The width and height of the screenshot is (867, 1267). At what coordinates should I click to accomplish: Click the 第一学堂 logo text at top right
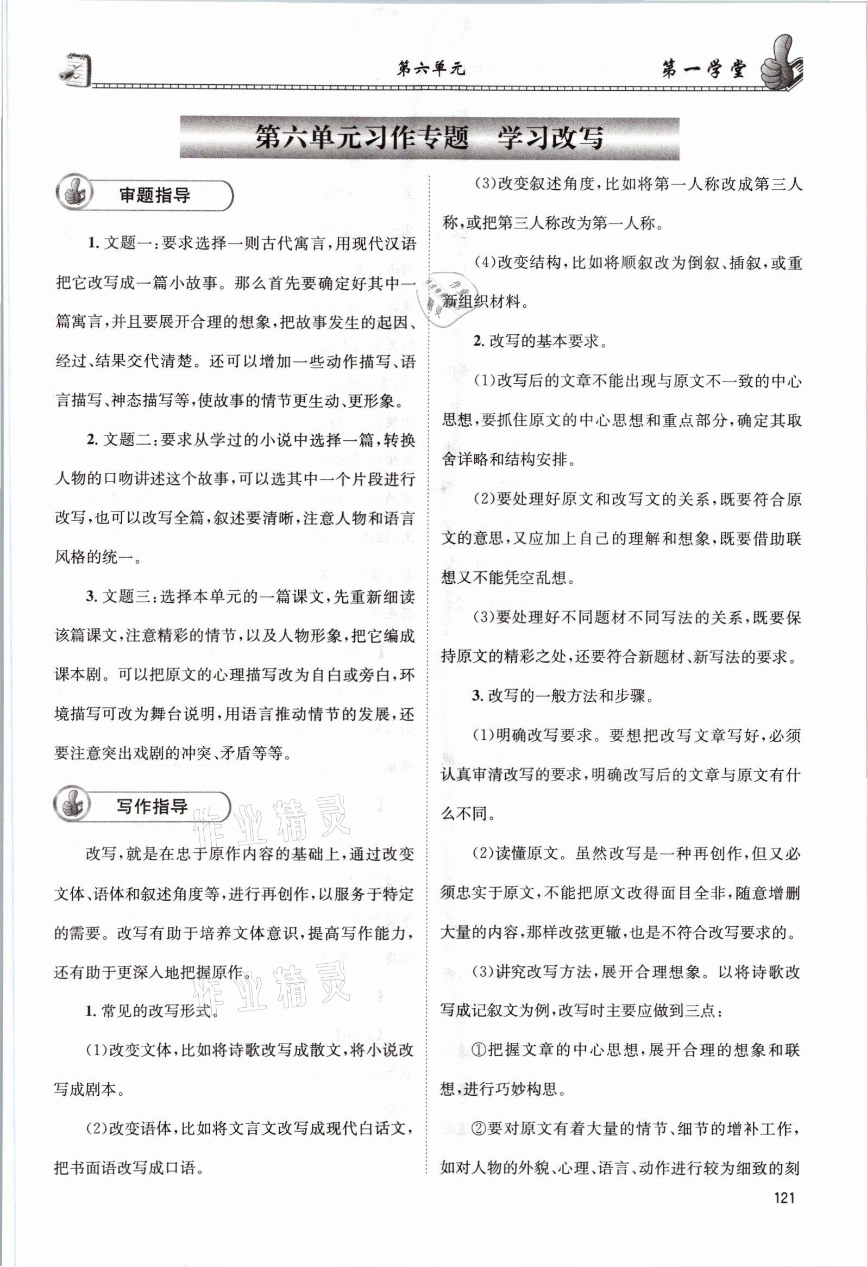coord(702,70)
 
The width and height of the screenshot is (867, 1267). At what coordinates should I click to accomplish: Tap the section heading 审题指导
coord(155,196)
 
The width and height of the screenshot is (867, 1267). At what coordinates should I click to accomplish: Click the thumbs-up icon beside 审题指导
coord(74,195)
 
